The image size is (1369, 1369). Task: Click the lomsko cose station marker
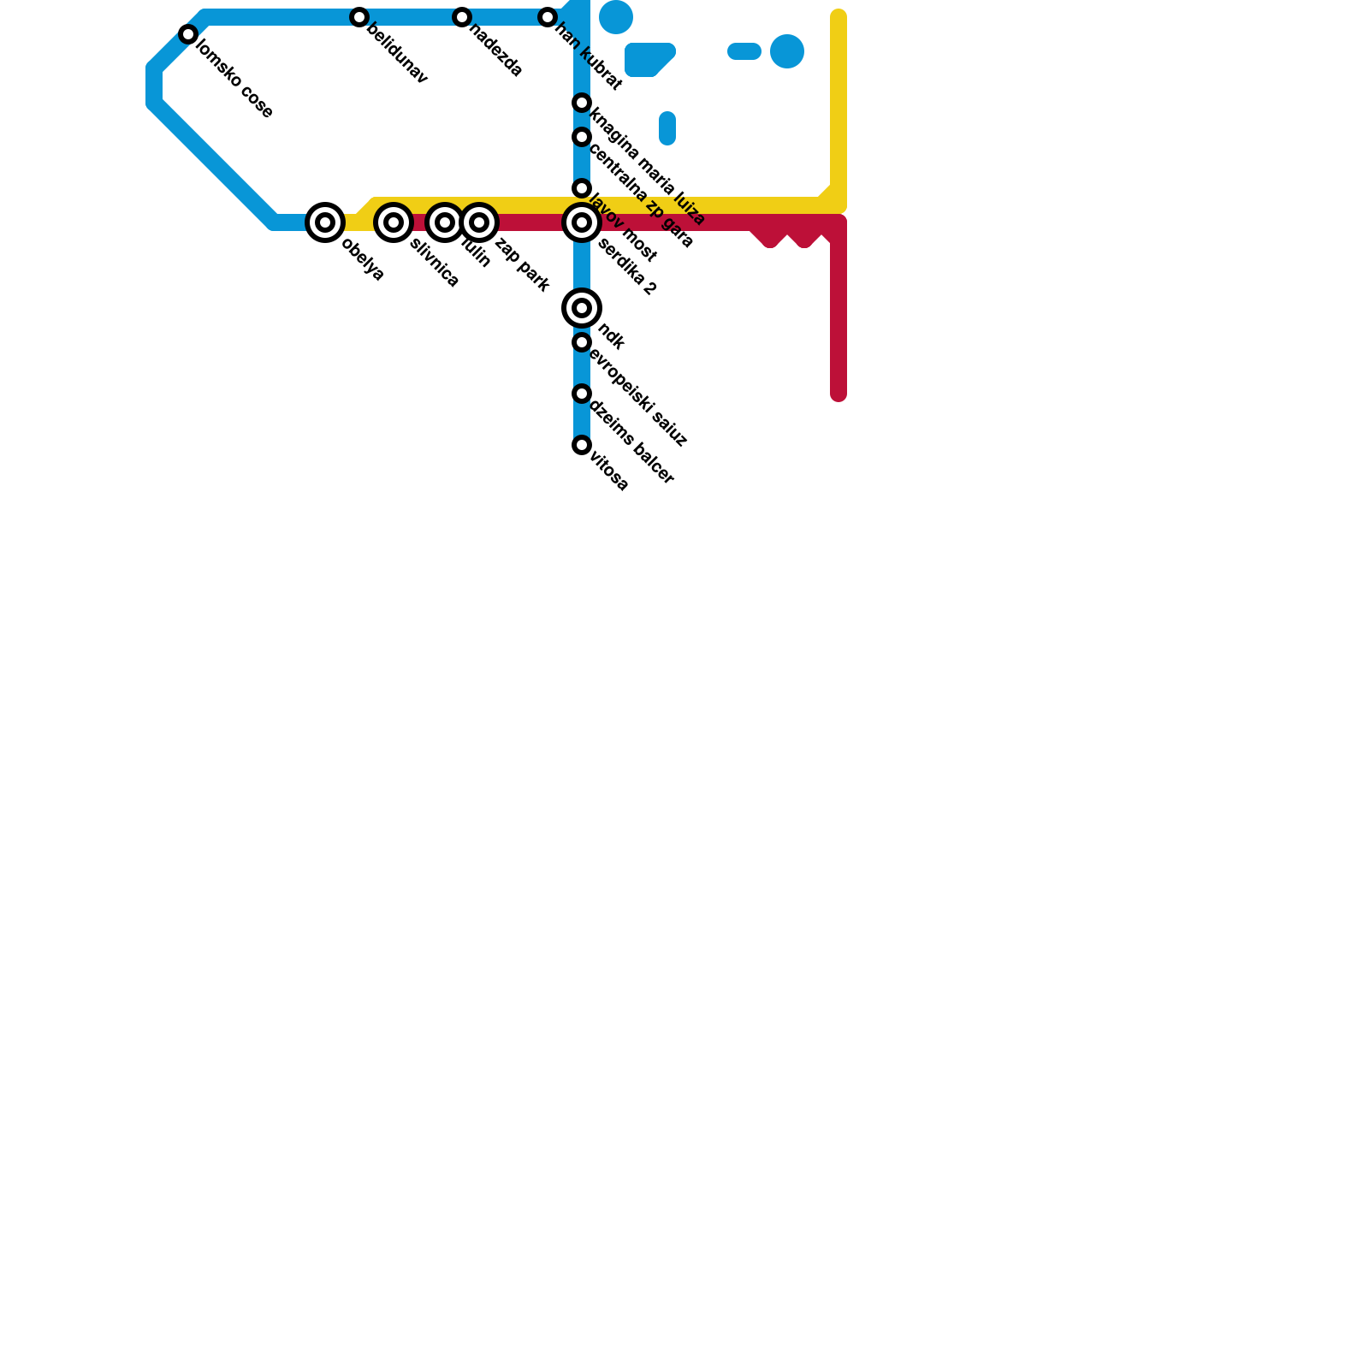coord(188,34)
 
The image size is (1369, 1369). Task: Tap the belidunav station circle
coord(359,17)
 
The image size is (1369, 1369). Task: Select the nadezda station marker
coord(462,17)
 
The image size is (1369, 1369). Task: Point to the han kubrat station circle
coord(548,17)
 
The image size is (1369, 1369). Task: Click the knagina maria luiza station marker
coord(582,103)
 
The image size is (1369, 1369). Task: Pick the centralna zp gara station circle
coord(582,137)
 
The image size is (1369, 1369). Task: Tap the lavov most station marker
coord(582,188)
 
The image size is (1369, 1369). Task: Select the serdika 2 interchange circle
coord(582,222)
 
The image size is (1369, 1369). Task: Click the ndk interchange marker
coord(582,308)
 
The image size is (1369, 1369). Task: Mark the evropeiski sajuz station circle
coord(582,342)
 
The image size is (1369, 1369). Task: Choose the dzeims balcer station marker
coord(582,394)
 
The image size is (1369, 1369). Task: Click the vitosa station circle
coord(582,445)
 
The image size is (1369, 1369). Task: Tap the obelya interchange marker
coord(325,222)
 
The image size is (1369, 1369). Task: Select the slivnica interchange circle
coord(394,222)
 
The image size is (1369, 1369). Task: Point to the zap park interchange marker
coord(479,222)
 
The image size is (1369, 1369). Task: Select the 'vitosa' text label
coord(610,471)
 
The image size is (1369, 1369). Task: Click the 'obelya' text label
coord(363,259)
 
